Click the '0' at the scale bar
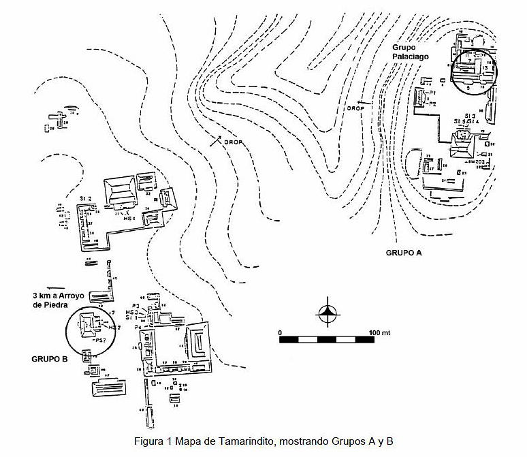pos(281,332)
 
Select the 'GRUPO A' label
pos(404,252)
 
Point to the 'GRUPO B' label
pos(49,357)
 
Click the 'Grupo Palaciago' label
pos(411,52)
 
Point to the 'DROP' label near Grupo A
pos(355,108)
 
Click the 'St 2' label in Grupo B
pos(84,198)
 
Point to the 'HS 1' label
pos(129,219)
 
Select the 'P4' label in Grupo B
pos(138,328)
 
